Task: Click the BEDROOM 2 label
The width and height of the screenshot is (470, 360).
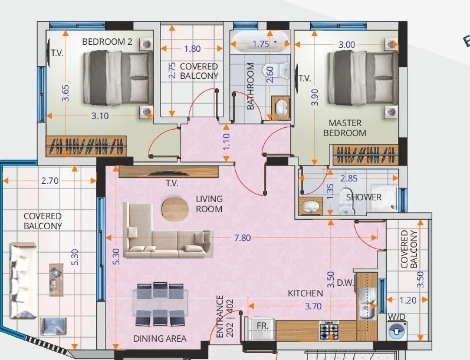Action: [x=107, y=42]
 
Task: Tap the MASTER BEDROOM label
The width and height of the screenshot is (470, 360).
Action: [x=345, y=128]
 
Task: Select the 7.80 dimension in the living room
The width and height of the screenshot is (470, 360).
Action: [x=242, y=238]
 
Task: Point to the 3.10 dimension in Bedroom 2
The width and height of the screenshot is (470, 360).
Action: [x=100, y=116]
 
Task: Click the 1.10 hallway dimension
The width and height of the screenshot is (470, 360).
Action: [x=226, y=142]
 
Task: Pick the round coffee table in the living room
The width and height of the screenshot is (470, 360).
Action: [x=175, y=209]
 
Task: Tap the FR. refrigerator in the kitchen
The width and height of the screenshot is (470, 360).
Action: [x=262, y=328]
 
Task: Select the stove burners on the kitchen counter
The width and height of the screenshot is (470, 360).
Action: [x=329, y=330]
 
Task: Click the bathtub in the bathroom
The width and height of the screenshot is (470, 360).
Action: [x=260, y=42]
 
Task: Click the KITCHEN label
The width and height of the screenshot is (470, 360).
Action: [x=305, y=293]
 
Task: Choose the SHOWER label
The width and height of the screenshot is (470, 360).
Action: [x=364, y=197]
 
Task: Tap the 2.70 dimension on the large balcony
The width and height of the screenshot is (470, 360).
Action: [x=50, y=181]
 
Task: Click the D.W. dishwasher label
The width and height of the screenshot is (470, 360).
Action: [x=345, y=283]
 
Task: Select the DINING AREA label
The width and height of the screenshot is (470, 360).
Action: [x=160, y=338]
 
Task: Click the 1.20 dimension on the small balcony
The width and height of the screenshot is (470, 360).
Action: [x=408, y=300]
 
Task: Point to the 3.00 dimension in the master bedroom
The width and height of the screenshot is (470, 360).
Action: [x=347, y=45]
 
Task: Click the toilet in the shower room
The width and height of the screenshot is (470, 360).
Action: [x=347, y=201]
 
